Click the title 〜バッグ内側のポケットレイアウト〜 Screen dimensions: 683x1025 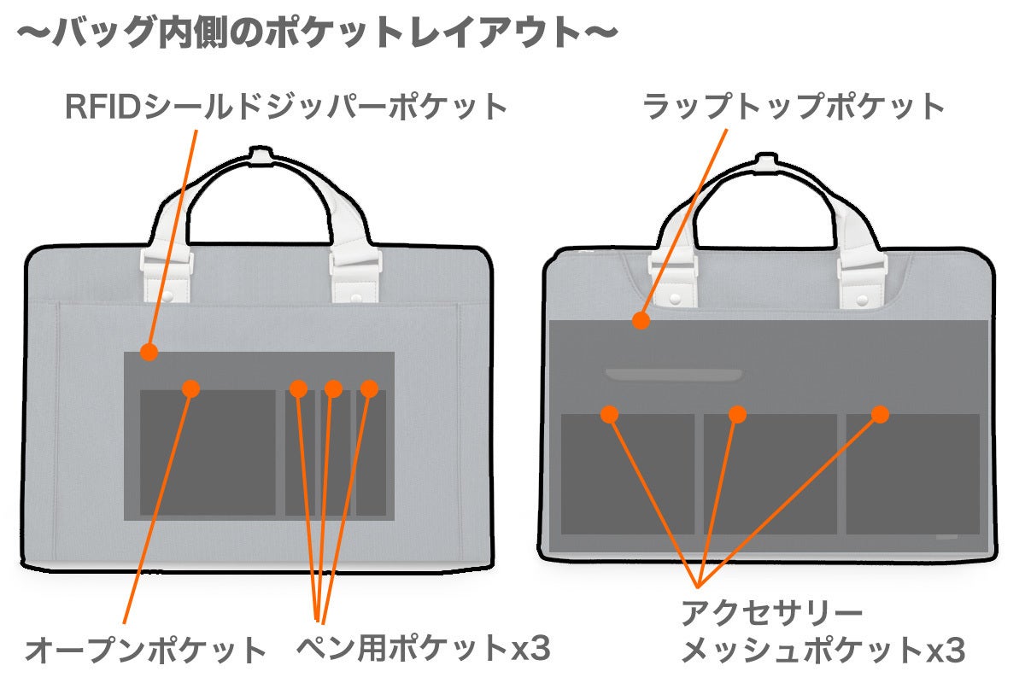316,35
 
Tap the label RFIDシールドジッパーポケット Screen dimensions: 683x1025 286,108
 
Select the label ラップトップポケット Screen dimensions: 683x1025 794,108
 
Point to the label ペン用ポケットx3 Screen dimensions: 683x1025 423,648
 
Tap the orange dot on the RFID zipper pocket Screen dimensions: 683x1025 149,352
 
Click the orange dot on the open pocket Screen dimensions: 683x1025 190,388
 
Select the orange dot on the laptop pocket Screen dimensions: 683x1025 641,320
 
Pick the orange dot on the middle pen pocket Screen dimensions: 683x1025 333,389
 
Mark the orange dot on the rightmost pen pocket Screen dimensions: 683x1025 369,388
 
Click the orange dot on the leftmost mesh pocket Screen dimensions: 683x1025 609,415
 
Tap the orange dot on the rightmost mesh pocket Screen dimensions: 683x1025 881,415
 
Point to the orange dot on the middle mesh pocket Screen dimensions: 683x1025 738,415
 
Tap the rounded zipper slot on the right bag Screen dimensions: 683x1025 674,375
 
